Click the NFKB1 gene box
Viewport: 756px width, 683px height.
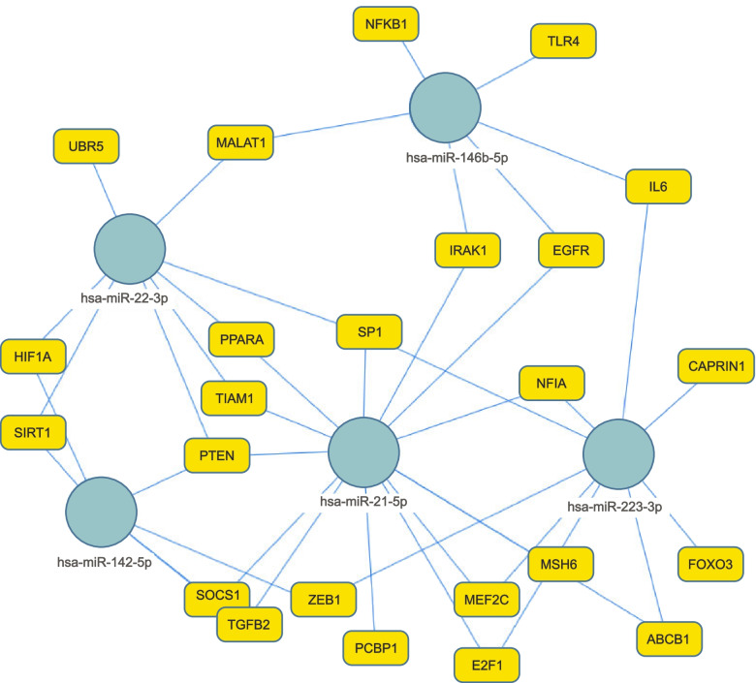click(x=387, y=22)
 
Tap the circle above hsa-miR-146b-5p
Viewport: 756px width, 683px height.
click(x=446, y=111)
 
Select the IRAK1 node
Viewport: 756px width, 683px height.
click(x=467, y=251)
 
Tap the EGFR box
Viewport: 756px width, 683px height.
click(x=571, y=251)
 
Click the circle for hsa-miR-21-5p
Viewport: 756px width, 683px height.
click(x=364, y=452)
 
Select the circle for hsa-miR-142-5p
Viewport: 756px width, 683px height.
click(x=102, y=512)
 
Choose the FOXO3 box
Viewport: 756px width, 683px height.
click(x=709, y=563)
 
